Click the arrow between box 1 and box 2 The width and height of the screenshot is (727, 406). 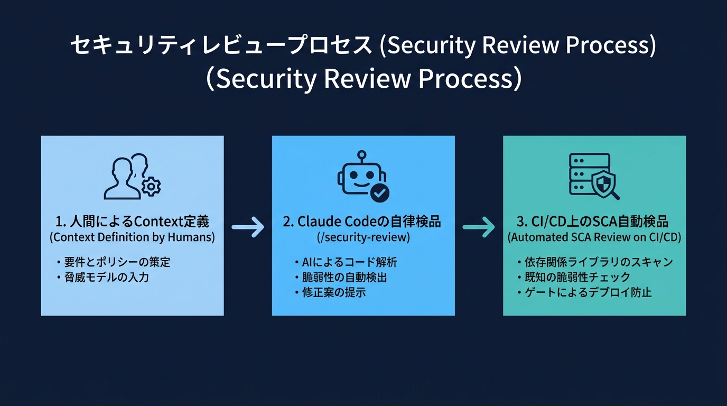coord(248,227)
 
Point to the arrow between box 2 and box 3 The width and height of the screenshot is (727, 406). coord(479,227)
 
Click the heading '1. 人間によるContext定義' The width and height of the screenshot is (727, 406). coord(132,221)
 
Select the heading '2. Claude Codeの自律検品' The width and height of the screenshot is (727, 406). coord(362,221)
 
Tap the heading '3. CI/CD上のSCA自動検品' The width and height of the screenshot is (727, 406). coord(594,221)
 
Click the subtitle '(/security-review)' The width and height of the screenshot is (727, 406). coord(363,237)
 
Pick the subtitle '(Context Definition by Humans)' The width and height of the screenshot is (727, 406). coord(132,237)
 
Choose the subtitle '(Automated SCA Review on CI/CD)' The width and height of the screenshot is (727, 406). coord(594,237)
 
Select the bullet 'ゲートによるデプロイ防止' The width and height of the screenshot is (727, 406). coord(588,292)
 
